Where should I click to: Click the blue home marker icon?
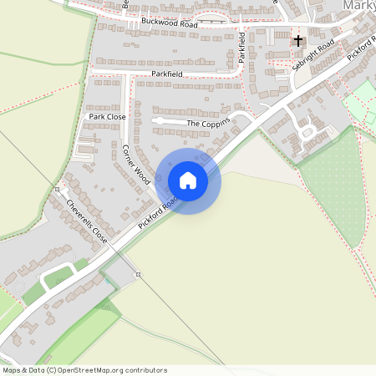pos(188,180)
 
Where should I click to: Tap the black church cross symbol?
pos(298,40)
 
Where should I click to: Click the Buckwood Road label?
pos(170,23)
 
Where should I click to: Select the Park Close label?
pos(107,117)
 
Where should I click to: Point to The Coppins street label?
pos(206,124)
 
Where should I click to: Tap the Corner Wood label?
pos(135,165)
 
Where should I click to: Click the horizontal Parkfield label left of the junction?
pos(167,74)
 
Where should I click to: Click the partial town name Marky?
pos(358,7)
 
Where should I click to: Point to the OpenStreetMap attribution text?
pos(84,370)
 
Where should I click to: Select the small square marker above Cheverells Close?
pos(57,189)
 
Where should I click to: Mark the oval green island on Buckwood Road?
pos(210,18)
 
